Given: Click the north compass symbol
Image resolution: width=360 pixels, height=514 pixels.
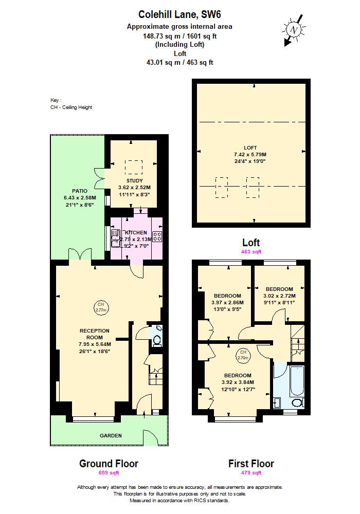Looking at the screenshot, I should pyautogui.click(x=293, y=30).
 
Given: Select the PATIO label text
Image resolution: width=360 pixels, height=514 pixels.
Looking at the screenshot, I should pyautogui.click(x=72, y=191).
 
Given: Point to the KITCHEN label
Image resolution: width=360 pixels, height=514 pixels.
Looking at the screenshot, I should pyautogui.click(x=136, y=233).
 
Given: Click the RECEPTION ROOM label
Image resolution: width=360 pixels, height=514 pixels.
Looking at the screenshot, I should pyautogui.click(x=94, y=334).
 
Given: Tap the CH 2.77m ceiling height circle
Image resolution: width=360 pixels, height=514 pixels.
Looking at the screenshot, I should pyautogui.click(x=100, y=307).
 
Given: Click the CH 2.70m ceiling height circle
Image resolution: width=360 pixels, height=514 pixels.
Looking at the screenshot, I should pyautogui.click(x=243, y=355).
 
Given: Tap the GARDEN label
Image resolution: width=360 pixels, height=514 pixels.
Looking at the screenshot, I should pyautogui.click(x=111, y=435).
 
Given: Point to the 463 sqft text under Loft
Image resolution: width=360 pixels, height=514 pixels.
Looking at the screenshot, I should pyautogui.click(x=251, y=252).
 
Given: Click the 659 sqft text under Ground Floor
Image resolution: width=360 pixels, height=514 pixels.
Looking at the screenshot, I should pyautogui.click(x=108, y=473).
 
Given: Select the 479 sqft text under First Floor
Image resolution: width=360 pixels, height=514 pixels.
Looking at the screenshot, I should pyautogui.click(x=251, y=473).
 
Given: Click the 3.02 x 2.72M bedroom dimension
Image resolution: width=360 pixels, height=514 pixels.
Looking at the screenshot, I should pyautogui.click(x=279, y=296).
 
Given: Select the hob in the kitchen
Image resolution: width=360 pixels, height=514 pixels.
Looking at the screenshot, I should pyautogui.click(x=158, y=237).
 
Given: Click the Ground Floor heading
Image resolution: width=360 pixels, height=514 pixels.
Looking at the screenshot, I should pyautogui.click(x=108, y=464).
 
